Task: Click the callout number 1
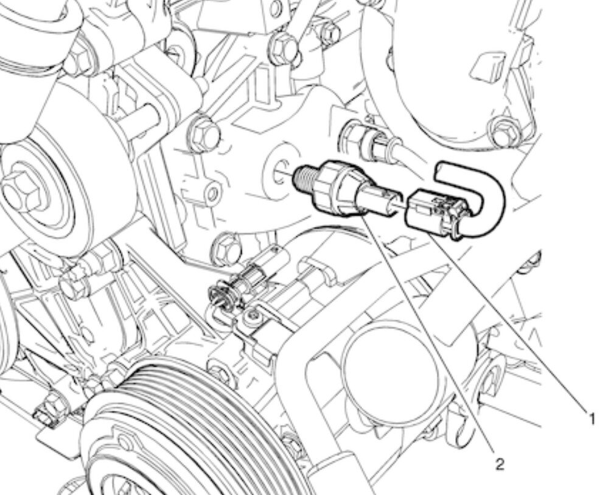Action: point(592,420)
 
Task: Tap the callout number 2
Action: point(500,463)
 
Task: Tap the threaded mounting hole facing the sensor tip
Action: point(280,172)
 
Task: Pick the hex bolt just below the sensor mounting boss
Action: point(225,247)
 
